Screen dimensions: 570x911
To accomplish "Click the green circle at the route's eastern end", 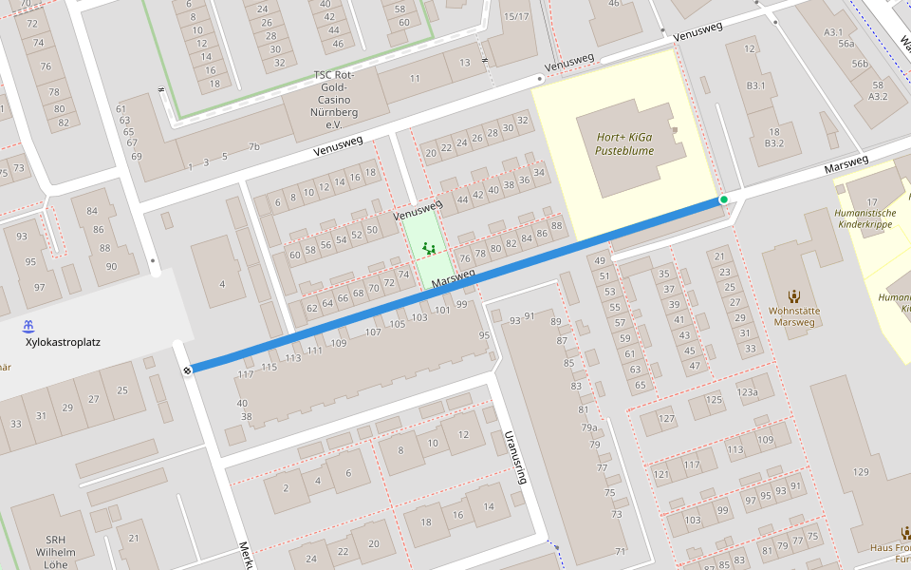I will pyautogui.click(x=724, y=199).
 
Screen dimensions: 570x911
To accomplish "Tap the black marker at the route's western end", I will pyautogui.click(x=188, y=370).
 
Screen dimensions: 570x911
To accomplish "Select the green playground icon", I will pyautogui.click(x=428, y=249).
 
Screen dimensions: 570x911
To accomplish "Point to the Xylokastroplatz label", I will pyautogui.click(x=64, y=342).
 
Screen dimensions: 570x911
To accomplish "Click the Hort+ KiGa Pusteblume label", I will pyautogui.click(x=624, y=143).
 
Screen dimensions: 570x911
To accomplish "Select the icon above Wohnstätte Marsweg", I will pyautogui.click(x=794, y=296).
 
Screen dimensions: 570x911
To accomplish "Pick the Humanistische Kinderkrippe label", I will pyautogui.click(x=865, y=218).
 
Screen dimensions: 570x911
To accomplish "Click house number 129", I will pyautogui.click(x=861, y=472).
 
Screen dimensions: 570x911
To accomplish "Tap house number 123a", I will pyautogui.click(x=747, y=391).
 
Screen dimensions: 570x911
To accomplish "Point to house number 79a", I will pyautogui.click(x=589, y=427).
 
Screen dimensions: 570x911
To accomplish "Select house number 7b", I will pyautogui.click(x=253, y=146).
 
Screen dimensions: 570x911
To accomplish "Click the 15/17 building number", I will pyautogui.click(x=516, y=16).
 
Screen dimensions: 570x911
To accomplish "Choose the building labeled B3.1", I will pyautogui.click(x=755, y=85).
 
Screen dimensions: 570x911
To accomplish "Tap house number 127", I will pyautogui.click(x=667, y=419).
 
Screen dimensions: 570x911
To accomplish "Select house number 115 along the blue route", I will pyautogui.click(x=269, y=367).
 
